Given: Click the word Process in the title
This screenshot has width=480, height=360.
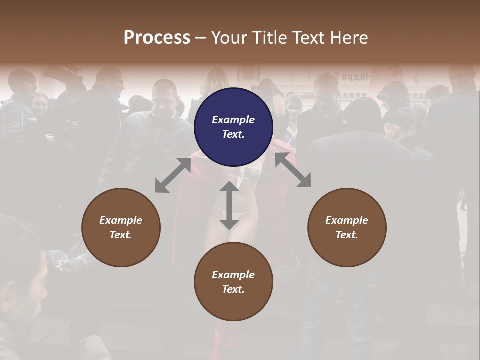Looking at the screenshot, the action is (157, 38).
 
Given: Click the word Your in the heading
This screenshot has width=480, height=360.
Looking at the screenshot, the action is (229, 38).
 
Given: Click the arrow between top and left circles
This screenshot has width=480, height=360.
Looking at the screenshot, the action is (173, 175).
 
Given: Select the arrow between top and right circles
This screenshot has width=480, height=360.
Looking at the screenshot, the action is (293, 170).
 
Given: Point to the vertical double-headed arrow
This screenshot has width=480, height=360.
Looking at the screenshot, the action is (229, 205).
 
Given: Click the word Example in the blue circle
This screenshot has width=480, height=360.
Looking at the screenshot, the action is (233, 120).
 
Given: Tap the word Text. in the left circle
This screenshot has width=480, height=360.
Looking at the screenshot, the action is (121, 235).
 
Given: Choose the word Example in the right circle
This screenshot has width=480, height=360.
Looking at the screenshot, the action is (347, 220).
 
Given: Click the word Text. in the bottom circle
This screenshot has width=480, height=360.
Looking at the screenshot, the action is (233, 289).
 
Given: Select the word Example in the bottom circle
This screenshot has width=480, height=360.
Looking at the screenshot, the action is (233, 275).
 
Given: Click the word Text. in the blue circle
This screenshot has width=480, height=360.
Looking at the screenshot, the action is (233, 134).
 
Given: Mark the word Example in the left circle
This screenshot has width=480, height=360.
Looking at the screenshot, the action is (121, 220).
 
